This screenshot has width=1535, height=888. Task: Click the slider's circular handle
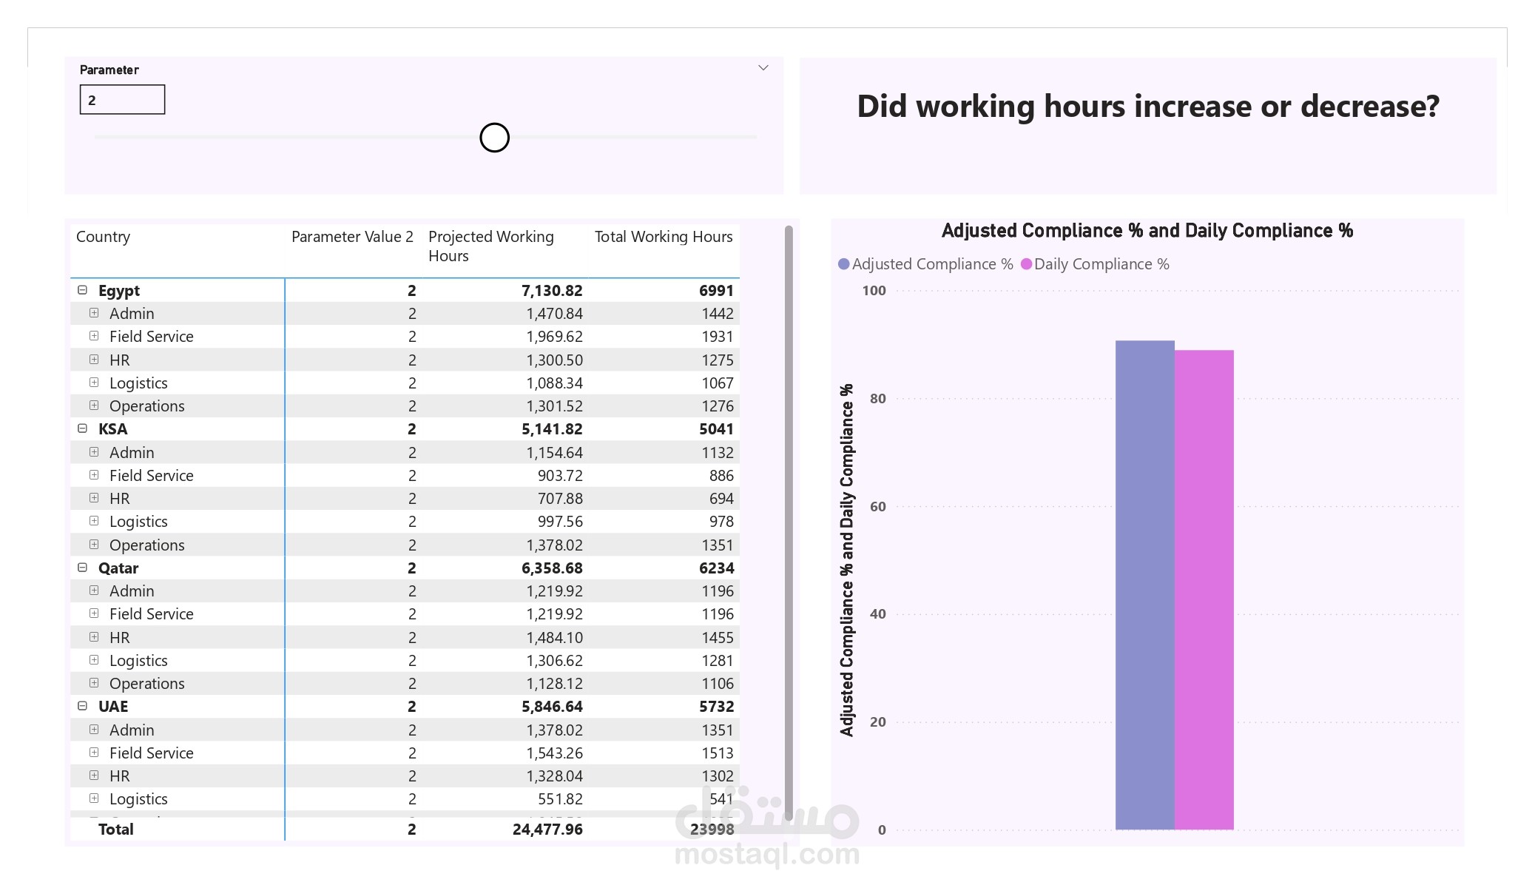click(x=494, y=138)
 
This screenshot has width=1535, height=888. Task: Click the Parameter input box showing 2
click(x=122, y=100)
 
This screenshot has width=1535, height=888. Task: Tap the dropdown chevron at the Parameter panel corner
click(x=763, y=68)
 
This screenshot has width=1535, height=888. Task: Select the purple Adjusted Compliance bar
click(x=1144, y=585)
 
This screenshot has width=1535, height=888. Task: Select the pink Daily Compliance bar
click(x=1204, y=590)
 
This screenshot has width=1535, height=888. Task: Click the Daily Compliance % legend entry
click(x=1095, y=264)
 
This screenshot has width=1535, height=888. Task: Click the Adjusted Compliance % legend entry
click(x=925, y=264)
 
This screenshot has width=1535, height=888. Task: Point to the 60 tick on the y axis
click(x=878, y=507)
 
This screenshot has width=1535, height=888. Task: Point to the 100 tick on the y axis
click(x=874, y=291)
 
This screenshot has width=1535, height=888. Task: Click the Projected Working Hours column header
click(x=491, y=246)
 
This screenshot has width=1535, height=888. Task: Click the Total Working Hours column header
click(x=664, y=237)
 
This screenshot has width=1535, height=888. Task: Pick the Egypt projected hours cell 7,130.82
click(x=552, y=291)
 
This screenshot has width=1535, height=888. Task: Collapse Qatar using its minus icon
click(x=83, y=568)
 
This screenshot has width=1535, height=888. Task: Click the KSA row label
click(x=112, y=429)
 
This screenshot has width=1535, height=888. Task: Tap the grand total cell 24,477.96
click(x=547, y=830)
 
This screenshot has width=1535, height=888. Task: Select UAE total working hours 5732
click(x=716, y=707)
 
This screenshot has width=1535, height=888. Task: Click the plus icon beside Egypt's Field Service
click(x=94, y=336)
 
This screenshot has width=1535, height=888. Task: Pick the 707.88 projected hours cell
click(x=560, y=499)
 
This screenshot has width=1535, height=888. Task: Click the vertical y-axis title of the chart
click(x=847, y=560)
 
